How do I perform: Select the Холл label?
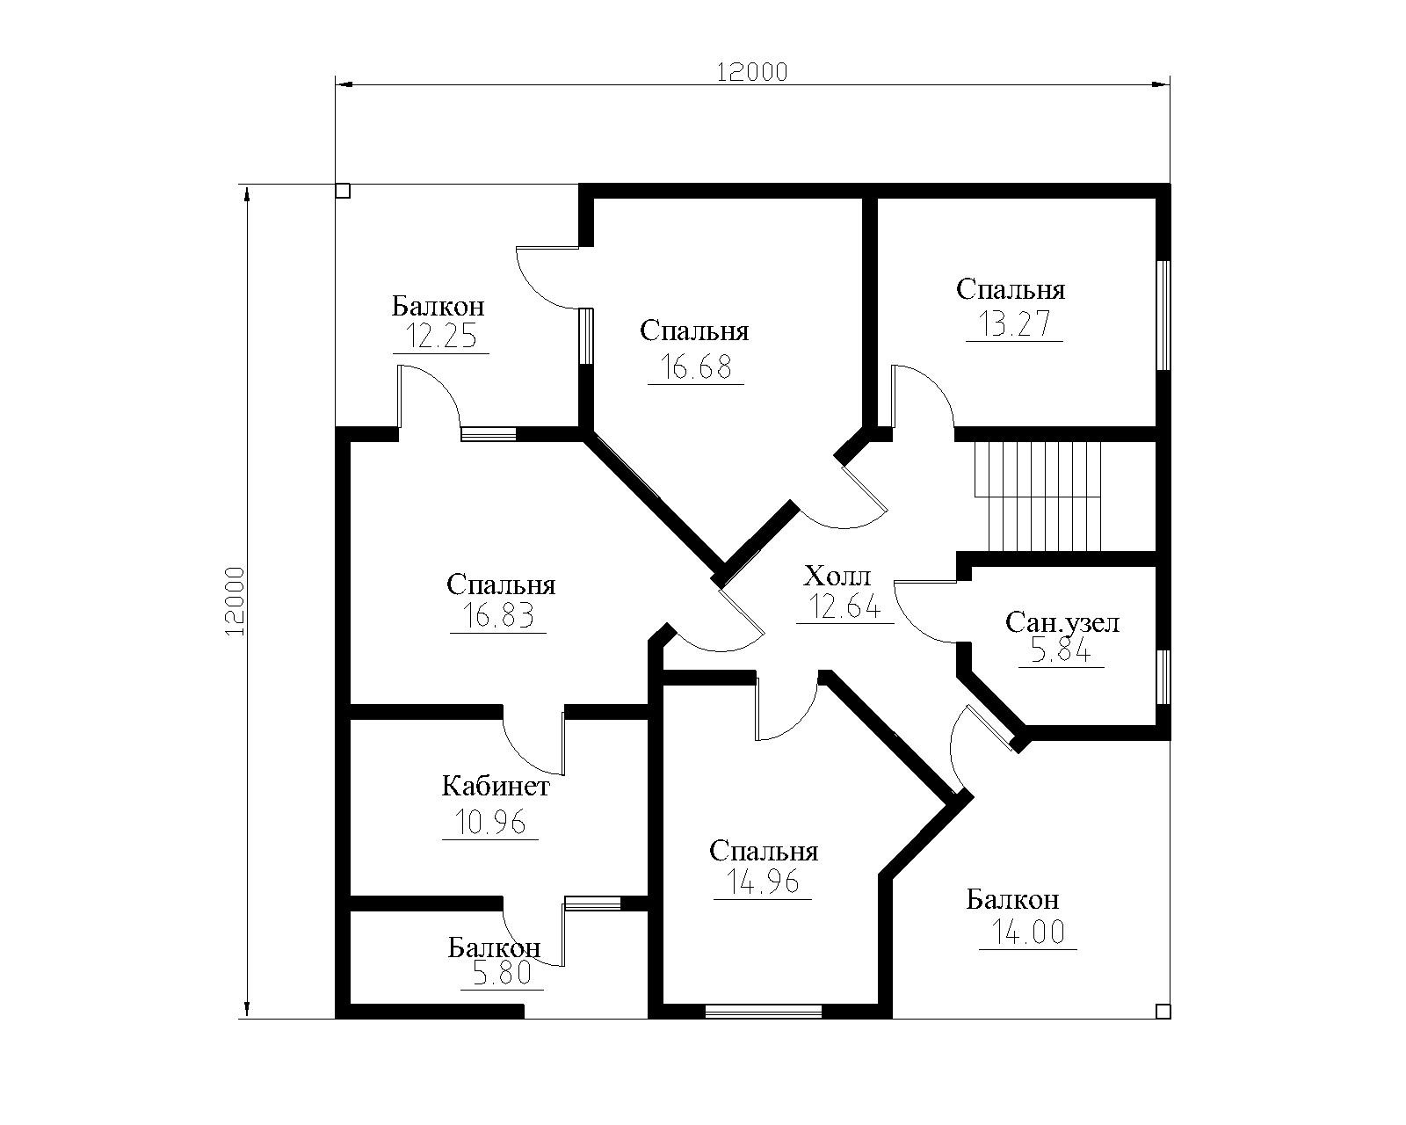pos(837,576)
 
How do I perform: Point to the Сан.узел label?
pos(1062,622)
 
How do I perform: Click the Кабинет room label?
pos(496,786)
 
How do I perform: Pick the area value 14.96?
pos(763,882)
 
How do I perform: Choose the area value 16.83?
pos(498,615)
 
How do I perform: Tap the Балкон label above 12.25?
pos(438,305)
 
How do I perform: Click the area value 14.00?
pos(1028,932)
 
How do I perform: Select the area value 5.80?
pos(502,973)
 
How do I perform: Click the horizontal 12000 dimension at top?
pos(753,72)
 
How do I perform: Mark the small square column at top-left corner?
pos(343,190)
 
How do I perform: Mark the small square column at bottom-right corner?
pos(1163,1012)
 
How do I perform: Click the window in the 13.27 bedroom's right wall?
pos(1163,316)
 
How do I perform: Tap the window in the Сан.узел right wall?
pos(1163,677)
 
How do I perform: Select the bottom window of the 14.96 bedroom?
pos(763,1012)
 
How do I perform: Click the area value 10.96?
pos(490,822)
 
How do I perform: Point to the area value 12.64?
pos(844,606)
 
